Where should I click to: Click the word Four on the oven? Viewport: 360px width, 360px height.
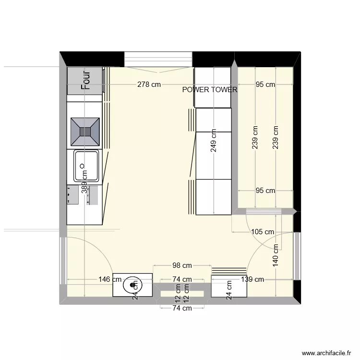coord(86,81)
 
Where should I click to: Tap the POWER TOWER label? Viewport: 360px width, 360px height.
coord(210,90)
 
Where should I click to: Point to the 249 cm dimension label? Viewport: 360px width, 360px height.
coord(214,141)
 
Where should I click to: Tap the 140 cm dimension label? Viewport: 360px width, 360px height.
coord(276,255)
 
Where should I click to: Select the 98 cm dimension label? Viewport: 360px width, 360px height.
coord(182,265)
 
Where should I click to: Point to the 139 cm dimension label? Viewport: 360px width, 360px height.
coord(252,279)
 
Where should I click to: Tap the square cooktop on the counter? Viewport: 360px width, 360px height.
coord(85,131)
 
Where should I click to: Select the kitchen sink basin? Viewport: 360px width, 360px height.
coord(86,166)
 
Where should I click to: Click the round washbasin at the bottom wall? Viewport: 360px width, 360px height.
coord(132,285)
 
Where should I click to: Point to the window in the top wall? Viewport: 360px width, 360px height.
coord(158,59)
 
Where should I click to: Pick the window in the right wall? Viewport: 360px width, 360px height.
coord(297,256)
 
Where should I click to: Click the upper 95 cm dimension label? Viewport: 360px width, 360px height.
coord(265,85)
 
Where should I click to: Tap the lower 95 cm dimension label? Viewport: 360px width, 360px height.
coord(265,191)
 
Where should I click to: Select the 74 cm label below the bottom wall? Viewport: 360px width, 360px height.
coord(182,308)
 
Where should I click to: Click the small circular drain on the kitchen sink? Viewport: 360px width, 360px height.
coord(82,166)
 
